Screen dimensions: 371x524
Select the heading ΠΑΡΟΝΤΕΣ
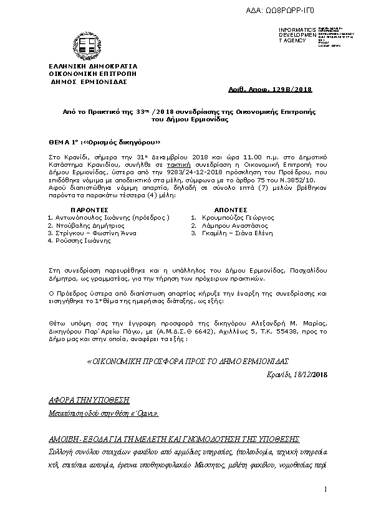coord(90,210)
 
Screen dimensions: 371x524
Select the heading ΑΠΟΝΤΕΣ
coord(231,210)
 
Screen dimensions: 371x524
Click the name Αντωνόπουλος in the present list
coord(79,218)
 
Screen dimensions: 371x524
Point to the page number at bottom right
coord(325,492)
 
